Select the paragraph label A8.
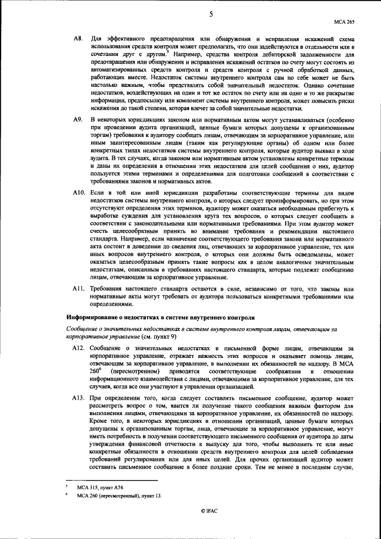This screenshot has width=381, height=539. coord(77,39)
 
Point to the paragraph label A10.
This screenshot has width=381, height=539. coord(79,194)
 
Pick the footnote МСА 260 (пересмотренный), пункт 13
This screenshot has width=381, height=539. coord(118,496)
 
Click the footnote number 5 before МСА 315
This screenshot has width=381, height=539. coord(67,486)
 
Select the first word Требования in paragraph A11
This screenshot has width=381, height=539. coord(111,288)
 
